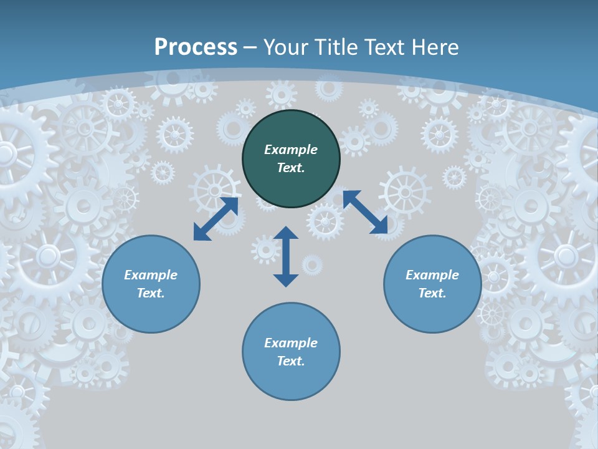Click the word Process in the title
pos(196,47)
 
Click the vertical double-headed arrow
pos(286,256)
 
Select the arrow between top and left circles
pos(216,218)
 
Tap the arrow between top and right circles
pos(365,213)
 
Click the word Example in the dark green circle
pos(291,150)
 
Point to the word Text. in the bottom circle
pos(291,361)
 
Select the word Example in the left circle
pos(151,275)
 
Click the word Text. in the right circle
pos(432,293)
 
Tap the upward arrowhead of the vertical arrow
pos(286,233)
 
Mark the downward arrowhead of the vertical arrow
pos(286,280)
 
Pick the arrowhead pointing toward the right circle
pos(379,226)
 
